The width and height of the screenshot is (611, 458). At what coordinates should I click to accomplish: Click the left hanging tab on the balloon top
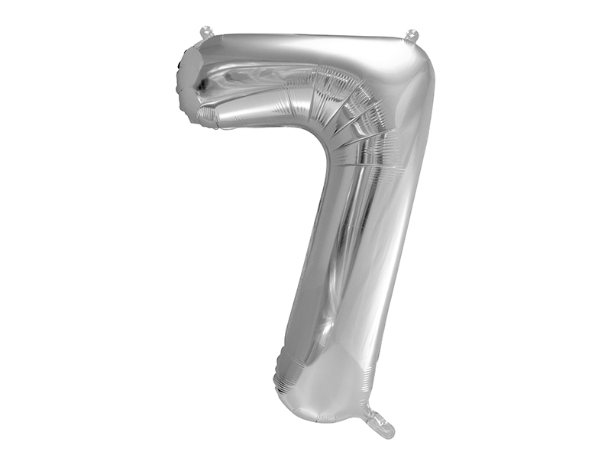click(205, 32)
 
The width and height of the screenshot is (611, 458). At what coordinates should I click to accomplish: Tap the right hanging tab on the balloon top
click(412, 35)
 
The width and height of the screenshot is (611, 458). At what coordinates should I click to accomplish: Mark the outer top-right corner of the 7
click(425, 53)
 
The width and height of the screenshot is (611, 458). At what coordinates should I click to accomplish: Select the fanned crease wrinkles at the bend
click(355, 107)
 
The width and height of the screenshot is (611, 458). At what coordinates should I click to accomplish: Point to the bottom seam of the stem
click(321, 419)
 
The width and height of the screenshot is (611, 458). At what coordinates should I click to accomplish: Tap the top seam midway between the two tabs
click(309, 34)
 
